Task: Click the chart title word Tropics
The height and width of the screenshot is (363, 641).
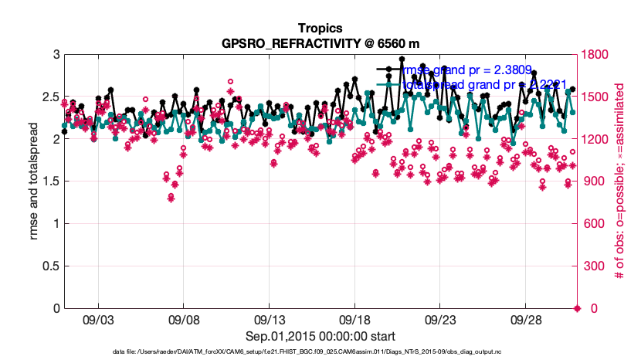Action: tap(321, 29)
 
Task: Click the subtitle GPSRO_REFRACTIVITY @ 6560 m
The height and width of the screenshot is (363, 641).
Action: tap(321, 42)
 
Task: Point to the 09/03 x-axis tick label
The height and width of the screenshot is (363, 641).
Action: tap(98, 318)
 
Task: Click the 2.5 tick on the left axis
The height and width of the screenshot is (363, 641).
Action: tap(49, 97)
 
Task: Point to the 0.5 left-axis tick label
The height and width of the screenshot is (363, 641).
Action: tap(49, 266)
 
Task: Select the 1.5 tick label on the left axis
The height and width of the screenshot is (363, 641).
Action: tap(49, 182)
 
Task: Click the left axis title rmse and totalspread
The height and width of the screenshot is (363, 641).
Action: tap(32, 181)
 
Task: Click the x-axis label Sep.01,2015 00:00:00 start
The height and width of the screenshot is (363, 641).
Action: tap(321, 336)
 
